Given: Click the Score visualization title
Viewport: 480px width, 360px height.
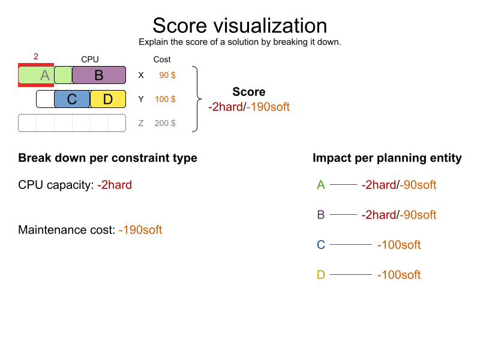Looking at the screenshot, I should (x=239, y=26).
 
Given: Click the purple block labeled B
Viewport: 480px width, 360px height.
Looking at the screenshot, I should (x=99, y=75).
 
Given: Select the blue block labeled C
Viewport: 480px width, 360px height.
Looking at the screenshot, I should (x=72, y=99).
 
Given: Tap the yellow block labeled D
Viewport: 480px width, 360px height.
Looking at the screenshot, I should (x=108, y=99).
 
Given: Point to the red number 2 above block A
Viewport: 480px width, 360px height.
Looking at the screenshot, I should (x=36, y=56).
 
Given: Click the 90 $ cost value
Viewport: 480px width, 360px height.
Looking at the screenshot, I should (x=167, y=75).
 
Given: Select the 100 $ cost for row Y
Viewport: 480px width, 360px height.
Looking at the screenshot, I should (x=165, y=99).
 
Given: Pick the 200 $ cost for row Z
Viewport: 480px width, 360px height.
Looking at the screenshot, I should (x=165, y=123).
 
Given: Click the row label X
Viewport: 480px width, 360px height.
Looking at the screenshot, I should (x=141, y=75).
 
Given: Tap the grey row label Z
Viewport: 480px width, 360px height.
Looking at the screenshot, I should (x=141, y=123).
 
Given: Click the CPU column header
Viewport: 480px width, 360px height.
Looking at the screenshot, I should (x=90, y=59).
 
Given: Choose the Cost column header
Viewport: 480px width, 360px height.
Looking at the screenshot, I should (x=162, y=59).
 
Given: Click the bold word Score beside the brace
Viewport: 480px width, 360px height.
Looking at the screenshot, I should (x=249, y=92).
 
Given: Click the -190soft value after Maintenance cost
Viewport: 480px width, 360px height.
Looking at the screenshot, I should (x=140, y=230).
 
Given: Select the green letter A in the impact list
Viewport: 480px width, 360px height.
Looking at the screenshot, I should (x=321, y=185).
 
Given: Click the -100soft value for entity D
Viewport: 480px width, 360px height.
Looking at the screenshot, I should (x=399, y=275).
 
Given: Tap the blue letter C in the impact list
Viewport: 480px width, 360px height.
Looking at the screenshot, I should (x=321, y=245).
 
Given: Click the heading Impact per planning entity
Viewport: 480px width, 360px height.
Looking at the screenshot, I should (x=387, y=158).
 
